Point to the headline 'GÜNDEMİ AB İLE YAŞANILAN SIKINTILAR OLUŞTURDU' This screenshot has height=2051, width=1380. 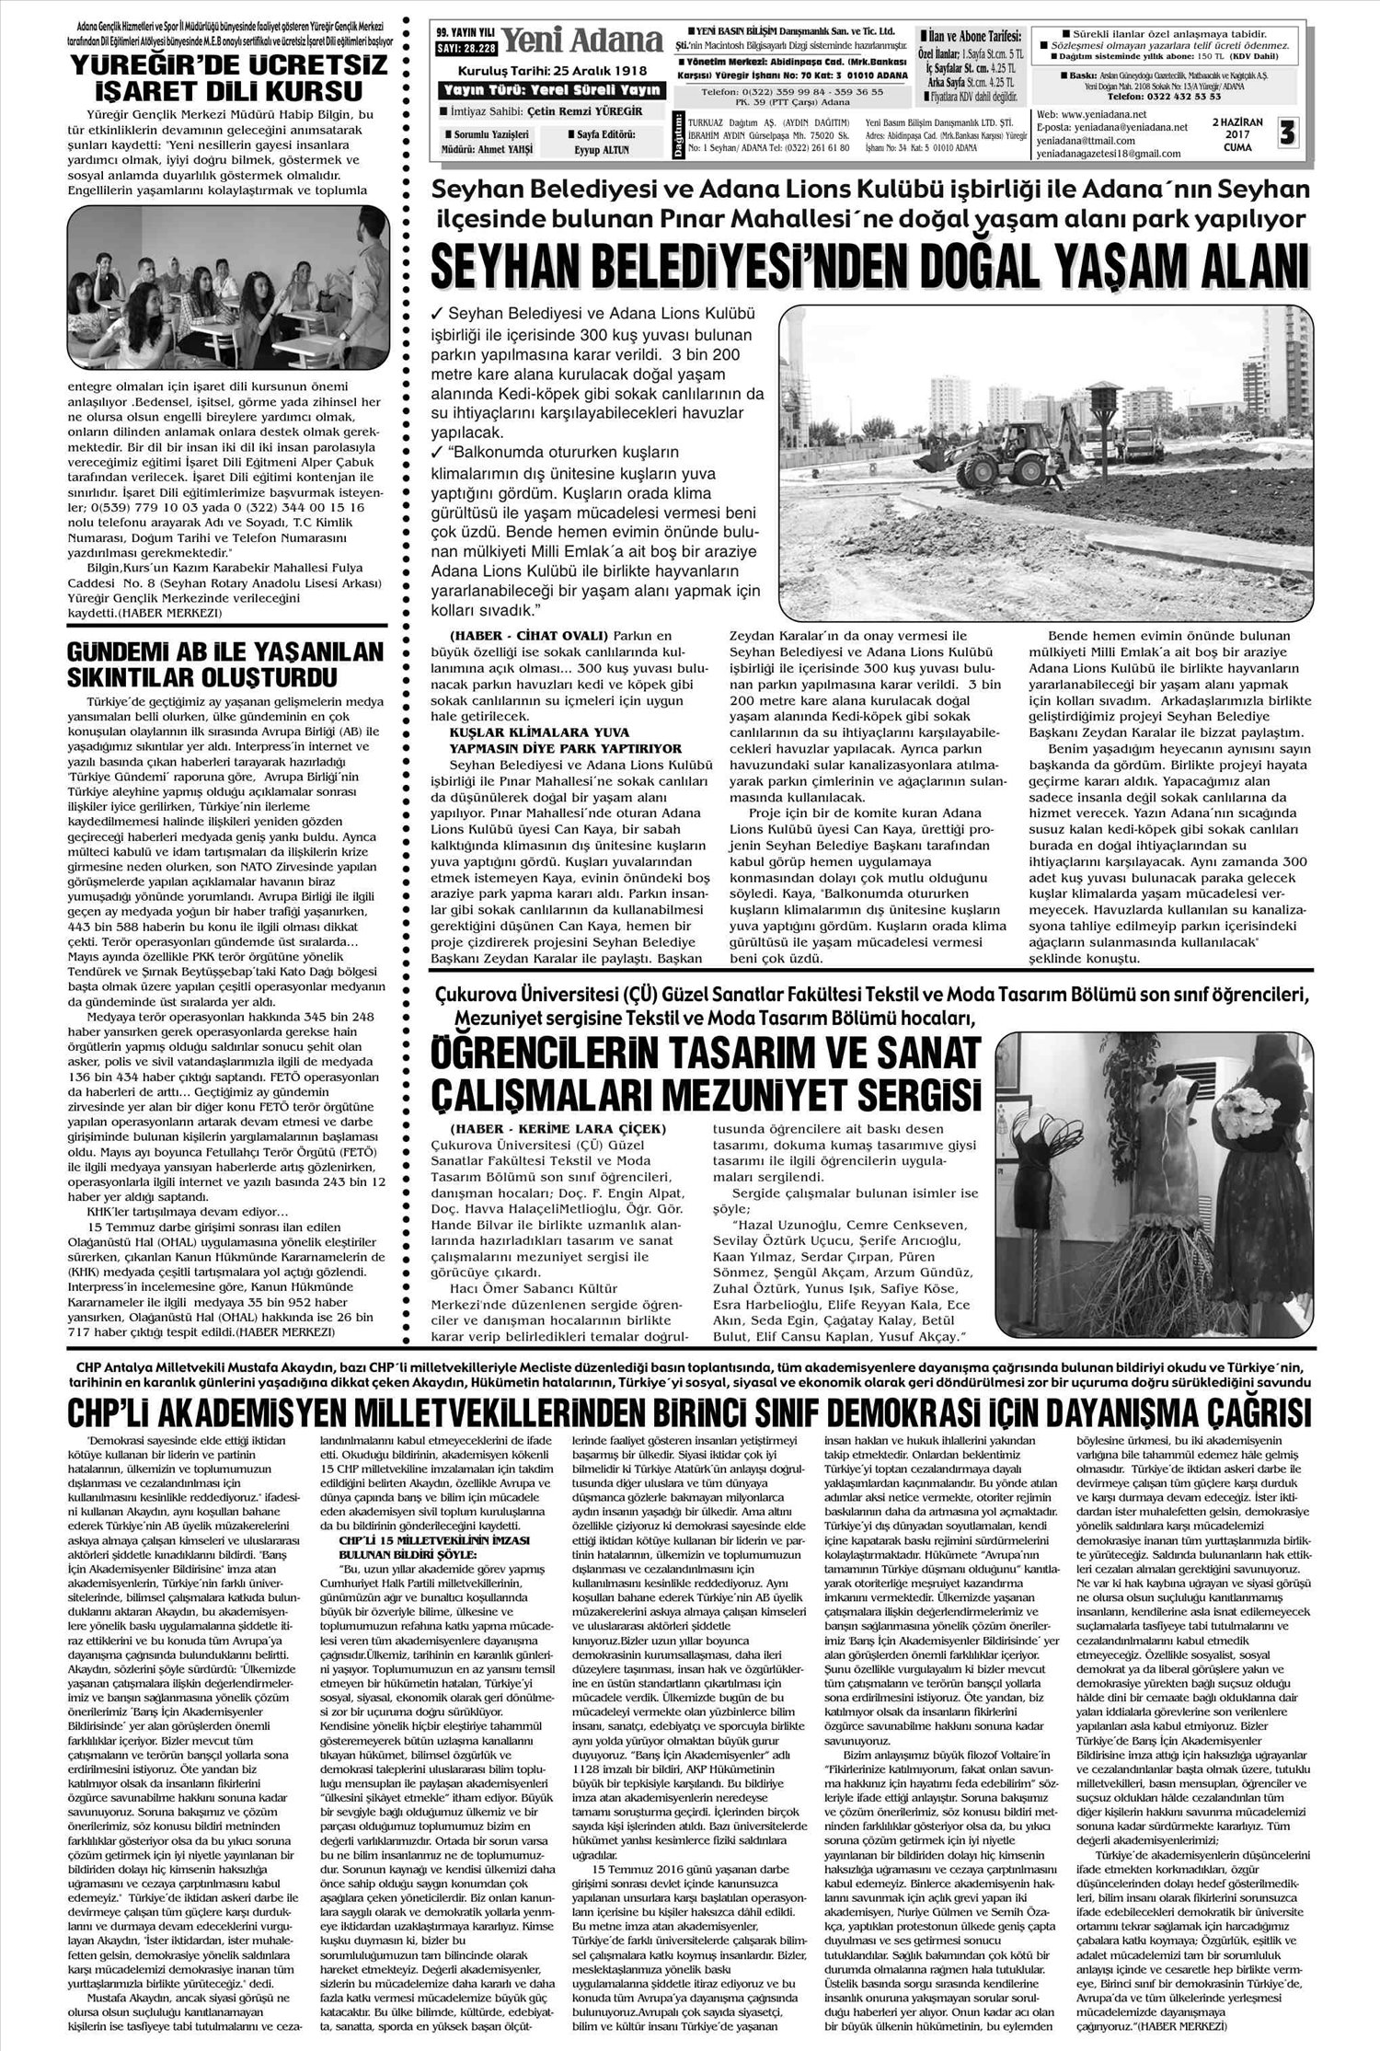pyautogui.click(x=213, y=665)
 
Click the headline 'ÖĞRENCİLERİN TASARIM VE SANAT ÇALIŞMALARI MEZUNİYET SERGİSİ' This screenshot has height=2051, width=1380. pyautogui.click(x=706, y=1075)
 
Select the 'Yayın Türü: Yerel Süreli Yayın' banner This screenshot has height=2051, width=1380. pyautogui.click(x=550, y=89)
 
